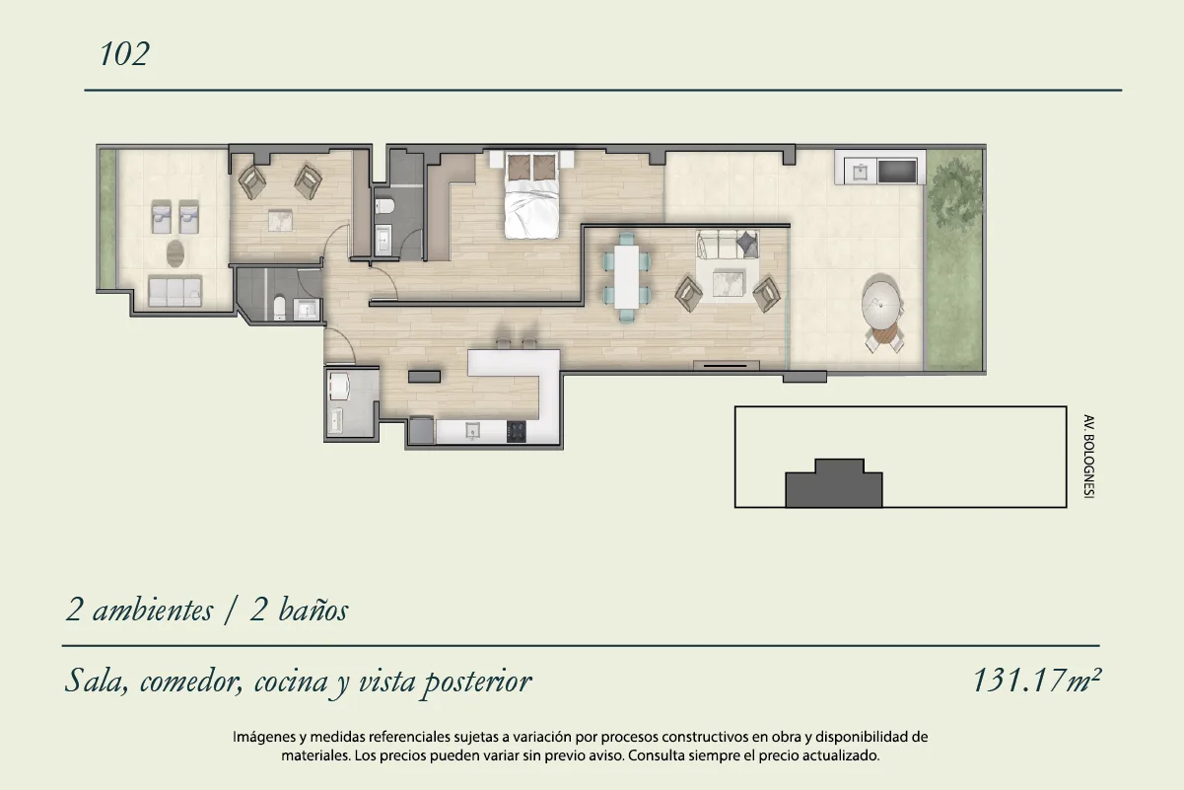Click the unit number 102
coord(124,54)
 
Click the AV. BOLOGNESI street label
coord(1087,457)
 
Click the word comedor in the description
coord(191,682)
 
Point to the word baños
coord(313,610)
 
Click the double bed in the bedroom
coord(531,194)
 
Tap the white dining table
coord(626,276)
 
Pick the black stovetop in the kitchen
coord(517,431)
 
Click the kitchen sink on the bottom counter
coord(472,431)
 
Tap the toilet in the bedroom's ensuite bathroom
coord(383,206)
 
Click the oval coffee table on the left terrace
coord(175,253)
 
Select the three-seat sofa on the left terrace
coord(174,290)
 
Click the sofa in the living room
coord(728,245)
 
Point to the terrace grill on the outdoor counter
coord(897,171)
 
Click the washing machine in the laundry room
coord(339,386)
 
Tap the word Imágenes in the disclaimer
coord(263,737)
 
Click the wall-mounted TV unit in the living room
coord(727,365)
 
